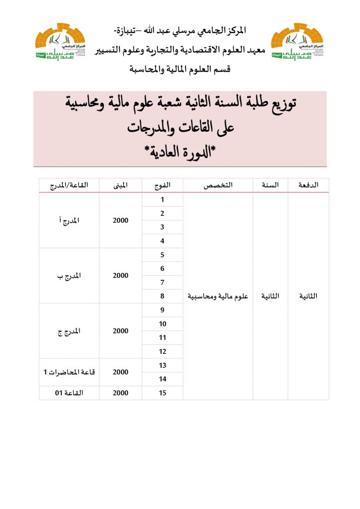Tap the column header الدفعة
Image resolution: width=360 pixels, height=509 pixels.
click(x=308, y=185)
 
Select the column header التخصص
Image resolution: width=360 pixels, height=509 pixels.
click(x=218, y=185)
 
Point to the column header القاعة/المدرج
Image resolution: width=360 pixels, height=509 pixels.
click(x=69, y=185)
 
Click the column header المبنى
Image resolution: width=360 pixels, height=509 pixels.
click(x=120, y=185)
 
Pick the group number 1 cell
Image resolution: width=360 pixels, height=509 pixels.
click(x=162, y=200)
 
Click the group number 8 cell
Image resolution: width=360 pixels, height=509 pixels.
click(x=162, y=296)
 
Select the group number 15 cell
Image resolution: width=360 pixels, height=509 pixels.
click(x=162, y=393)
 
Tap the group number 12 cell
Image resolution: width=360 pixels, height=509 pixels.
click(x=162, y=351)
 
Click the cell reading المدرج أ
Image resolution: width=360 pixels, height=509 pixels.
click(x=69, y=221)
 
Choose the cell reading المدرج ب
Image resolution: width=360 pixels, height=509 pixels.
click(x=69, y=276)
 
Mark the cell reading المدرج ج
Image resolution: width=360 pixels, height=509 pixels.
click(x=69, y=331)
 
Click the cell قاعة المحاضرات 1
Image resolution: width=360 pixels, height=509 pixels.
click(x=69, y=372)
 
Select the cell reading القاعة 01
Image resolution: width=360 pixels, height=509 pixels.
click(x=69, y=393)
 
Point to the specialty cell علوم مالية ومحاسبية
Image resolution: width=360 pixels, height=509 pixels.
click(x=218, y=296)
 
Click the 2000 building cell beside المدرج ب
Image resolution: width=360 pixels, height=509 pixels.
click(x=120, y=276)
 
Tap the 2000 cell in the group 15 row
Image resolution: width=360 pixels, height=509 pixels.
click(x=120, y=393)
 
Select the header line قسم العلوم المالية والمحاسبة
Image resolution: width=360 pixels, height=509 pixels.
click(x=180, y=69)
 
